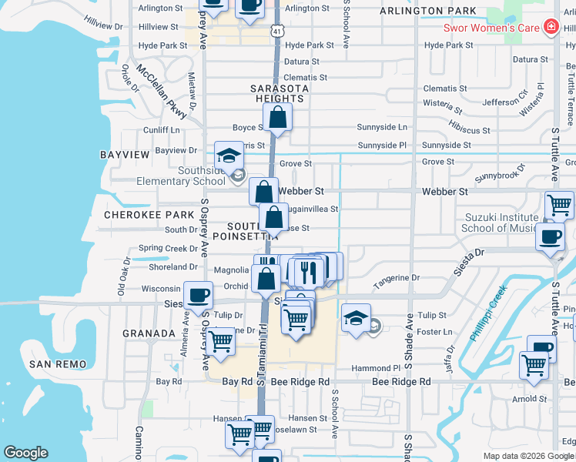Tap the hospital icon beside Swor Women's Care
tap(551, 28)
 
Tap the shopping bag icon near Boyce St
tap(278, 119)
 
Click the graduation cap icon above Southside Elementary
tap(229, 155)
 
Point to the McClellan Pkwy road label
tap(162, 90)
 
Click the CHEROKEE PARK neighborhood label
tap(139, 215)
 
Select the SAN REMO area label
tap(56, 363)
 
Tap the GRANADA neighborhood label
tap(149, 333)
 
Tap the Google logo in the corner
tap(25, 453)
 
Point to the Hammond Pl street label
tap(377, 369)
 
